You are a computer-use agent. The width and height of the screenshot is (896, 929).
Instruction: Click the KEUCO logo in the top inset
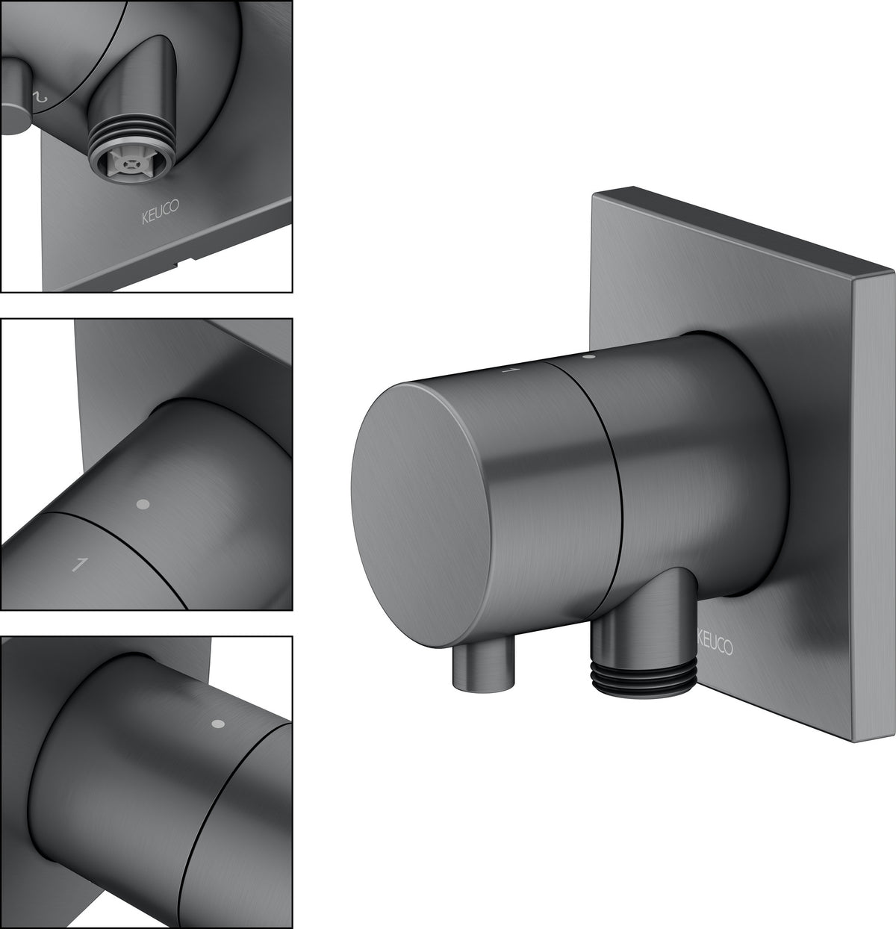click(x=161, y=212)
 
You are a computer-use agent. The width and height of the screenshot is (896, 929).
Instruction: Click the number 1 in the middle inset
click(x=80, y=565)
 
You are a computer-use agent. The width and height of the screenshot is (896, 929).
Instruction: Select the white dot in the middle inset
click(x=143, y=504)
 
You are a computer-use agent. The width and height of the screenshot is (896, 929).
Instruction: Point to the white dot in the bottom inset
click(x=218, y=724)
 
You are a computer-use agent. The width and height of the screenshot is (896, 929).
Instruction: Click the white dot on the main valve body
click(x=590, y=356)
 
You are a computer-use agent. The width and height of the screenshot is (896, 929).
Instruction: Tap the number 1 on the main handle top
click(x=511, y=370)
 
